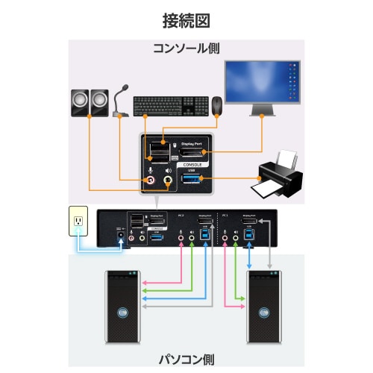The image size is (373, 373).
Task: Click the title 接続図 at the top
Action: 186,17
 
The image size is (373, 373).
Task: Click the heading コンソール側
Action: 186,48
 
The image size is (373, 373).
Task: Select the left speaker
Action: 79,104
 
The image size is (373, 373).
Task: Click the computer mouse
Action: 216,106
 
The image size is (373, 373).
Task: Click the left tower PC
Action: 121,308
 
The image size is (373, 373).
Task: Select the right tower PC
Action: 264,308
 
